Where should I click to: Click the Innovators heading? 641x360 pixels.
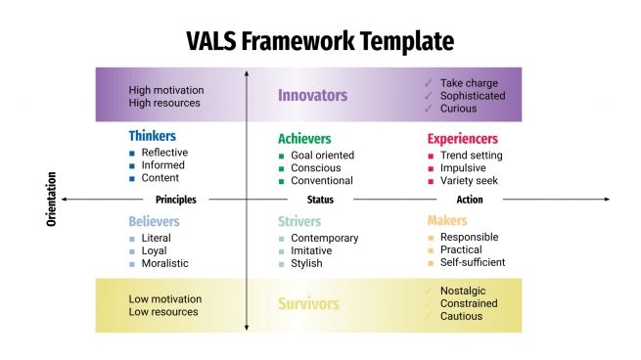point(312,95)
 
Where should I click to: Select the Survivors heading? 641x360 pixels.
point(308,304)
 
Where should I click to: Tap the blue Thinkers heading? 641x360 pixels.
point(154,137)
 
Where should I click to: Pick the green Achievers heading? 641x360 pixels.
point(304,139)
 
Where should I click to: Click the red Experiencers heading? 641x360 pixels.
point(462,139)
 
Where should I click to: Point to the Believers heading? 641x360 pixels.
point(154,221)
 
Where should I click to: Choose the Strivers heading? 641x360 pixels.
point(299,222)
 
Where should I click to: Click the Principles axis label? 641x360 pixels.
point(176,200)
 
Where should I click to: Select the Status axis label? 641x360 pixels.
point(320,200)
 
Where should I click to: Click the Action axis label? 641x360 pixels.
point(470,200)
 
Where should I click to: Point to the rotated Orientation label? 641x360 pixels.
point(51,200)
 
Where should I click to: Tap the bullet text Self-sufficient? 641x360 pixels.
point(473,262)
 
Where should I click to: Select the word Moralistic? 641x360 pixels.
point(165,263)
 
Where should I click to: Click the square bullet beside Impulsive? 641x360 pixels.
point(431,168)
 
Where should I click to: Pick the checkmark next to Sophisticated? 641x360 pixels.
point(428,96)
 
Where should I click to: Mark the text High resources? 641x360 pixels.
point(164,103)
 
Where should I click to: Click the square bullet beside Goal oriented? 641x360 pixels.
point(282,156)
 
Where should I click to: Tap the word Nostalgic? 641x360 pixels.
point(463,291)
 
